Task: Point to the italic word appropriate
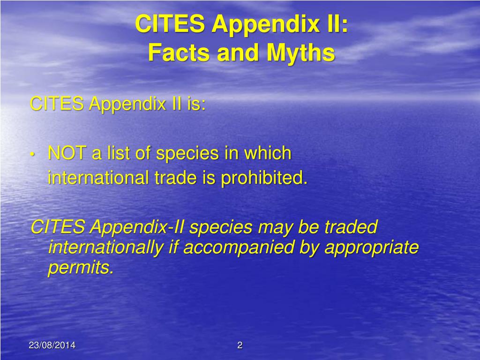click(371, 247)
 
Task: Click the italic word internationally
click(105, 247)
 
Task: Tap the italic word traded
click(351, 227)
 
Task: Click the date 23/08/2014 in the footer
click(52, 346)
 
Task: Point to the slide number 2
click(240, 346)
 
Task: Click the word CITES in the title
click(170, 24)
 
